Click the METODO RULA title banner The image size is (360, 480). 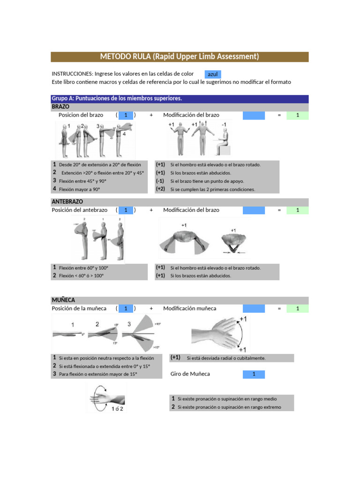tap(180, 57)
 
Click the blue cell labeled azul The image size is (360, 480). tap(212, 74)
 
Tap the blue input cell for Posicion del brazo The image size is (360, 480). tap(126, 115)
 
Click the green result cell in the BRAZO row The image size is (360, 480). tap(297, 115)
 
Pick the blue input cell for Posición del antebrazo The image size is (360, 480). tap(126, 210)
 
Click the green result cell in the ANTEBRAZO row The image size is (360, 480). tap(297, 210)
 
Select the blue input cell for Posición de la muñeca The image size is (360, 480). tap(126, 308)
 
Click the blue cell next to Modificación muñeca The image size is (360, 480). tap(254, 308)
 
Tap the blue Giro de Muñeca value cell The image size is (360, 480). tap(254, 374)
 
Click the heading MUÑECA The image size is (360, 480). tap(63, 300)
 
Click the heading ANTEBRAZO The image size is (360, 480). tap(67, 202)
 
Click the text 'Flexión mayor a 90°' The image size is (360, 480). tap(80, 189)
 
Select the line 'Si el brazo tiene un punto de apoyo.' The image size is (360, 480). tap(207, 181)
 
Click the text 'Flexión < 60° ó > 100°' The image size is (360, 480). tap(81, 276)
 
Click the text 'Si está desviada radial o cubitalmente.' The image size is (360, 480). tap(226, 358)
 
